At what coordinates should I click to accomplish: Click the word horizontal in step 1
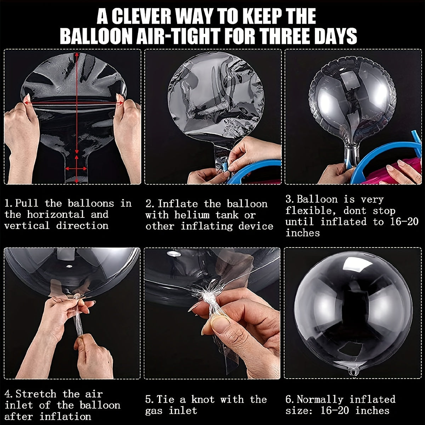56,214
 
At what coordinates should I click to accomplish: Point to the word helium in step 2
192,215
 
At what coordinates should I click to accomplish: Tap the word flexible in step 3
311,211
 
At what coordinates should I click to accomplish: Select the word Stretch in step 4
36,394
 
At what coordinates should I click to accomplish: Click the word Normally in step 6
320,399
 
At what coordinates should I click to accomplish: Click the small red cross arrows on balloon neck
76,169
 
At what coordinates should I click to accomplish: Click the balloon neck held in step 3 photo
351,157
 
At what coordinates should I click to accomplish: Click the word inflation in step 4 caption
66,416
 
